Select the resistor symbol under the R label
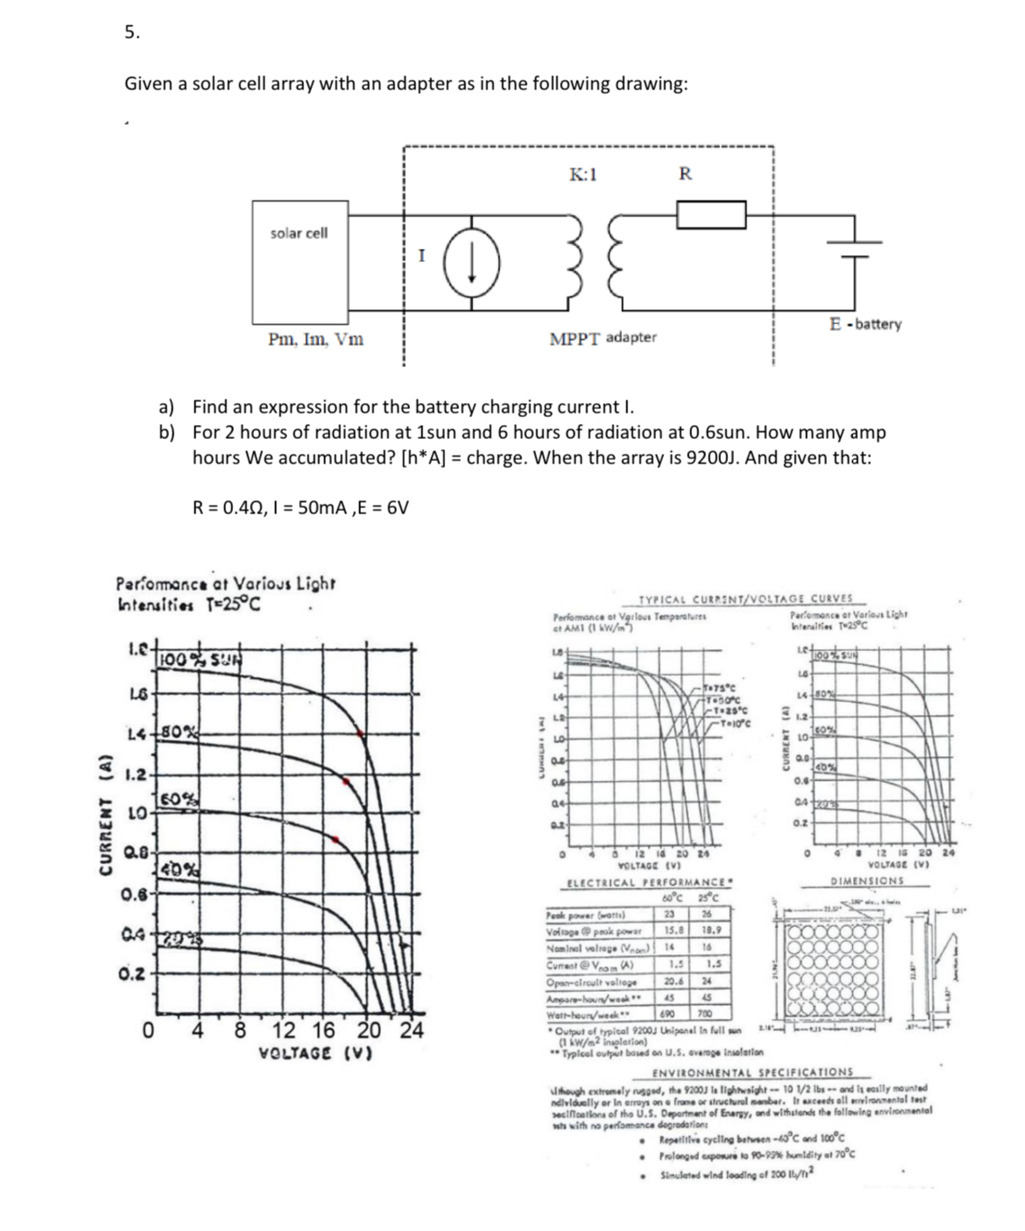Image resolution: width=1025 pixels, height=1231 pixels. coord(710,214)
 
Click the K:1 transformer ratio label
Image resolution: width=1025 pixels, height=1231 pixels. coord(583,173)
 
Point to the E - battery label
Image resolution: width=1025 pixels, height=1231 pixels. coord(864,324)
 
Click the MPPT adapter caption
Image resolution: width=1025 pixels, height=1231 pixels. coord(602,337)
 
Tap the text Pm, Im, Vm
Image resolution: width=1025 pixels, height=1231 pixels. coord(315,338)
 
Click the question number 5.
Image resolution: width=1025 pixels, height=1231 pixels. coord(131,33)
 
